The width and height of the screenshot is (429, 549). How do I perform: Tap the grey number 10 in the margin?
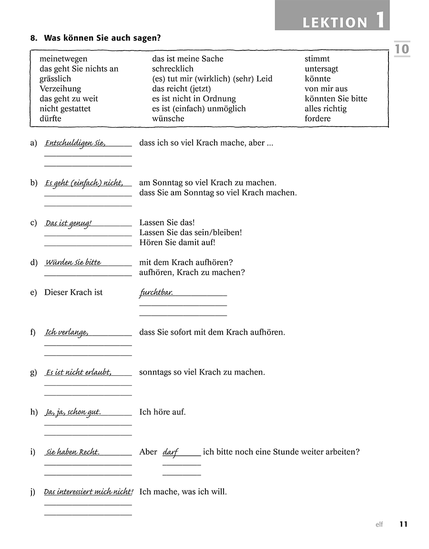(401, 49)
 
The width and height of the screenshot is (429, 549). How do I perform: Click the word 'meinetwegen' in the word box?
(63, 59)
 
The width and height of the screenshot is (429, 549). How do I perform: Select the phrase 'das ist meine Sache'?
(187, 59)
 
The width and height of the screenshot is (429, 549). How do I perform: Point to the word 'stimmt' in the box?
(317, 59)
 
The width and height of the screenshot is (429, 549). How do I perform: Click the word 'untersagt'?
(321, 69)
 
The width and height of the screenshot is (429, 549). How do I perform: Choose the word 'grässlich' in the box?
(55, 79)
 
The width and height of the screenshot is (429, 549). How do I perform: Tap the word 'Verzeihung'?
(60, 89)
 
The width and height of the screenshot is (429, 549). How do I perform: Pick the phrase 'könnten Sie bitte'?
(336, 99)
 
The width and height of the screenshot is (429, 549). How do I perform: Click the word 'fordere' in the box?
(317, 119)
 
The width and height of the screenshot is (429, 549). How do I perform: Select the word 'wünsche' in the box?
(168, 119)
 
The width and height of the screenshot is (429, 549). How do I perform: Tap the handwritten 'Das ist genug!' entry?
(68, 223)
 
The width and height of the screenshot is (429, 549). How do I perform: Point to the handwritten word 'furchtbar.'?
(156, 293)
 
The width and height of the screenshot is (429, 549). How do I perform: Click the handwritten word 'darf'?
(170, 452)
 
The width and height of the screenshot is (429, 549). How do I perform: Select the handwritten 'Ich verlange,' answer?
(67, 332)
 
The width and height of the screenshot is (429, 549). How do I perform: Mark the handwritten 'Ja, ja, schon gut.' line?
(73, 412)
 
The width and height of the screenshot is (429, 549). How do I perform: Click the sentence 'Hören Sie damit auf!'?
(177, 242)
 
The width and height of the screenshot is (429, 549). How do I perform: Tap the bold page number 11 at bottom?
(403, 524)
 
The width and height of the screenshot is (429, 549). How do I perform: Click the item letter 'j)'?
(33, 492)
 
